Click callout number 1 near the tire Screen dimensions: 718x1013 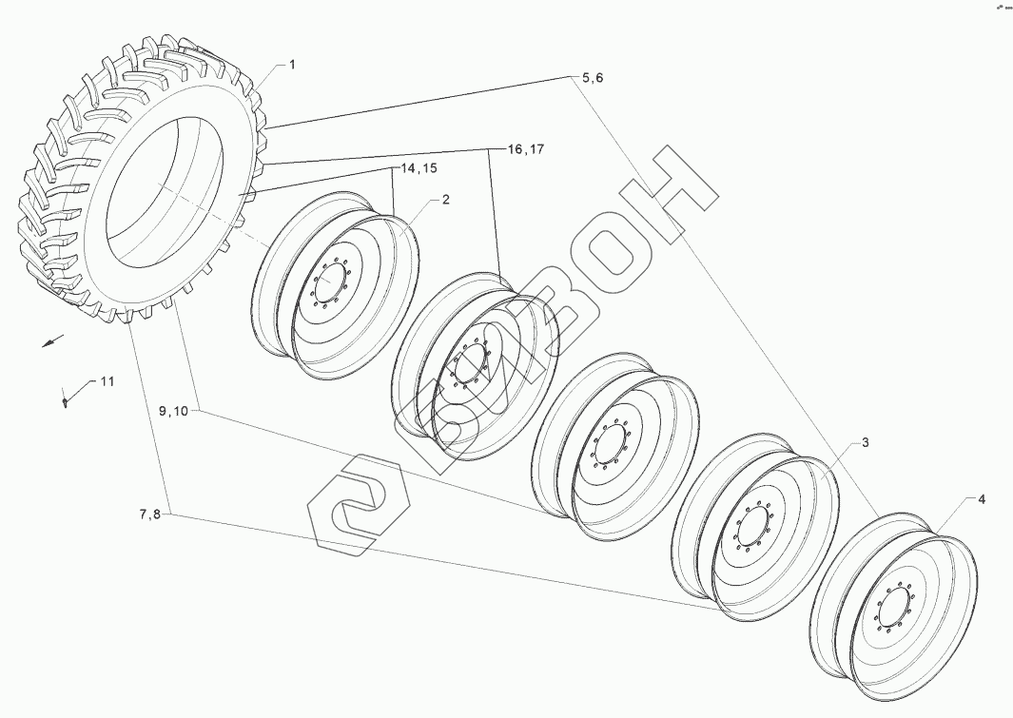point(292,65)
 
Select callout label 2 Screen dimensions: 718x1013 point(445,200)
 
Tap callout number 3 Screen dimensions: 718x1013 point(866,443)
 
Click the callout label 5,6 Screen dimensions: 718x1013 point(592,78)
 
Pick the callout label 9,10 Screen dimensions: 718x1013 point(175,411)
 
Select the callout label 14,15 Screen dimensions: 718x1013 point(419,167)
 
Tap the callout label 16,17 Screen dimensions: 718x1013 point(525,149)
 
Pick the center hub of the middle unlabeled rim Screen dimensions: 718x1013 point(609,446)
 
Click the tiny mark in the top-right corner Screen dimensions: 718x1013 point(1001,7)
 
